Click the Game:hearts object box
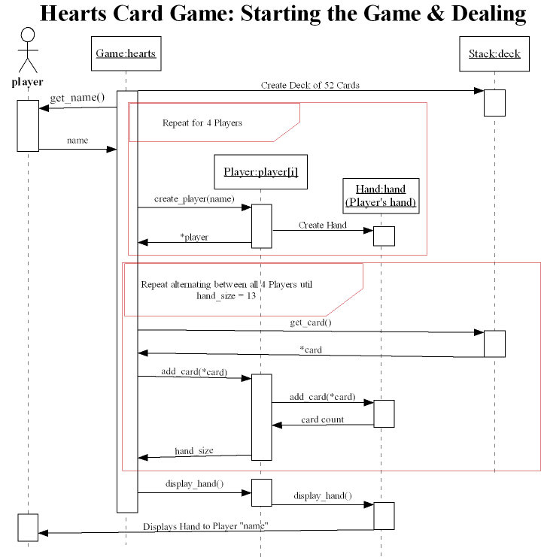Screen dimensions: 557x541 pos(126,53)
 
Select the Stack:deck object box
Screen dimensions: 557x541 pos(494,53)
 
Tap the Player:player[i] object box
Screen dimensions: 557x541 pos(260,172)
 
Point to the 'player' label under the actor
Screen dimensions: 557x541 pos(28,82)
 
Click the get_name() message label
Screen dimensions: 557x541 pos(77,98)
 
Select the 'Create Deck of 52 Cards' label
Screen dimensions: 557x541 pos(310,85)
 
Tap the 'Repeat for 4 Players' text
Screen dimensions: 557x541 pos(202,123)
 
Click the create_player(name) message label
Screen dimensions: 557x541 pos(194,199)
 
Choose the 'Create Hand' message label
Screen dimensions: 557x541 pos(322,225)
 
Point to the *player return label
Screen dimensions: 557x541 pos(194,237)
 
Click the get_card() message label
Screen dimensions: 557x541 pos(310,322)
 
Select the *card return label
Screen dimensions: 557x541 pos(310,349)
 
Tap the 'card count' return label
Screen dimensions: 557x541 pos(322,419)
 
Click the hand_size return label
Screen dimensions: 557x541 pos(194,450)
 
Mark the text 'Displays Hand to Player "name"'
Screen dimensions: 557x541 pos(206,526)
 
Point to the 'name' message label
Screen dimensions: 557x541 pos(77,141)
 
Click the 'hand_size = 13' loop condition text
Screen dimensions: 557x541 pos(226,296)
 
